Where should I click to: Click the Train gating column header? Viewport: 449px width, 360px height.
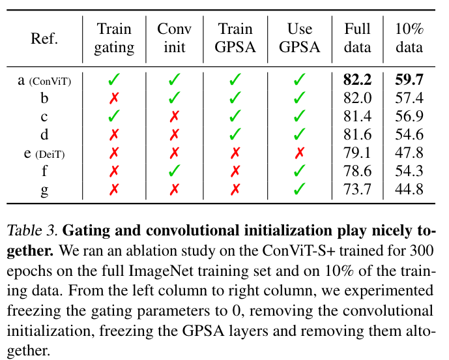[114, 38]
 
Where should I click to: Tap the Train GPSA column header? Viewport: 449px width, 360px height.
[235, 38]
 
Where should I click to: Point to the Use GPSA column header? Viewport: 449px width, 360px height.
[299, 38]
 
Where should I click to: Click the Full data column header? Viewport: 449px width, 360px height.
[358, 38]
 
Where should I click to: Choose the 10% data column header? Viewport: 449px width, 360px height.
[409, 38]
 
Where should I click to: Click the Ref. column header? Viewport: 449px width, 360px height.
[44, 38]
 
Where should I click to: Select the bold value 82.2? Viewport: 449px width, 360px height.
[358, 80]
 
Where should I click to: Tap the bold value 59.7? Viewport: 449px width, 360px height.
[409, 80]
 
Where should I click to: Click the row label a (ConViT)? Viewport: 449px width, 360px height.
[44, 81]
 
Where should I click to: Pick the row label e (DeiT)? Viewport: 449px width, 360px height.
[44, 153]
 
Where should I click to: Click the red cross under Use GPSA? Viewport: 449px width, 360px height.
[299, 153]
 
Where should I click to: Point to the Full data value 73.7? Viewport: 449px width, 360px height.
[358, 190]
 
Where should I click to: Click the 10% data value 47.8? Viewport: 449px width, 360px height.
[409, 153]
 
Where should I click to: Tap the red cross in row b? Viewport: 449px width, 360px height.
[115, 98]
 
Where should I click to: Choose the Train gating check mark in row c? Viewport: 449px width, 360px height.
[114, 117]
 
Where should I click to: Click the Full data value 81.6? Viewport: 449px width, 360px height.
[358, 135]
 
